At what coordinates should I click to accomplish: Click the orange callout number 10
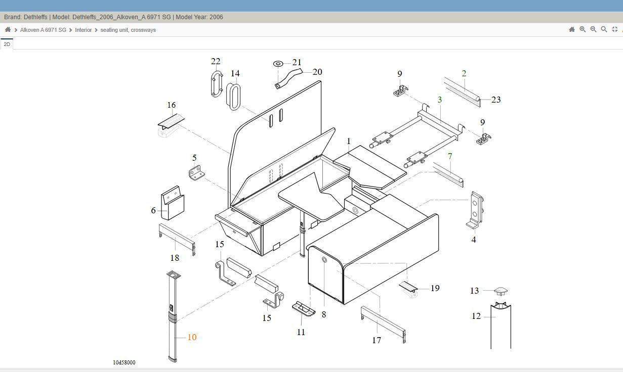[x=192, y=337]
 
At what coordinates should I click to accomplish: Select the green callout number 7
[x=450, y=156]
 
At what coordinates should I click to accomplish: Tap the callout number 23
[x=496, y=100]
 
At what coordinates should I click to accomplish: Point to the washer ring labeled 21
[x=278, y=64]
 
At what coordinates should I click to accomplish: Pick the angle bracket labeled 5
[x=197, y=173]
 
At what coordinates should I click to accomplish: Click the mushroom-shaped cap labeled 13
[x=501, y=291]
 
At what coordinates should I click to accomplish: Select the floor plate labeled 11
[x=304, y=309]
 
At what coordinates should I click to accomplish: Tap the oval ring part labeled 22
[x=217, y=84]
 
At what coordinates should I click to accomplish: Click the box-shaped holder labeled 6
[x=173, y=203]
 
